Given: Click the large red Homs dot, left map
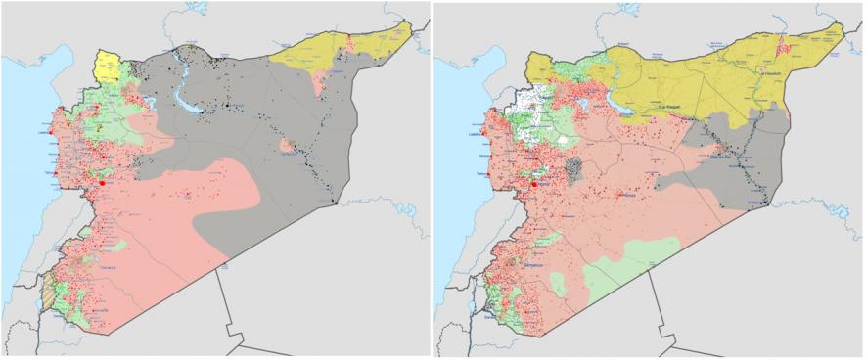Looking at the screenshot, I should (x=102, y=182).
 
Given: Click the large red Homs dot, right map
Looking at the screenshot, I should (x=534, y=181).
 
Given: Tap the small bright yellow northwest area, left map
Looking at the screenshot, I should (x=106, y=67).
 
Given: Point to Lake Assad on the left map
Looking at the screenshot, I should (x=183, y=94).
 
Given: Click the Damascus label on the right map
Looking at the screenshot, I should (x=531, y=266).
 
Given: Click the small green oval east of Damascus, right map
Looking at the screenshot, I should (x=559, y=285).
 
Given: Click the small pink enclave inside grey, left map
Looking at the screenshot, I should (x=287, y=146).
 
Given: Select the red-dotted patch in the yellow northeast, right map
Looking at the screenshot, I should (x=784, y=45).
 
